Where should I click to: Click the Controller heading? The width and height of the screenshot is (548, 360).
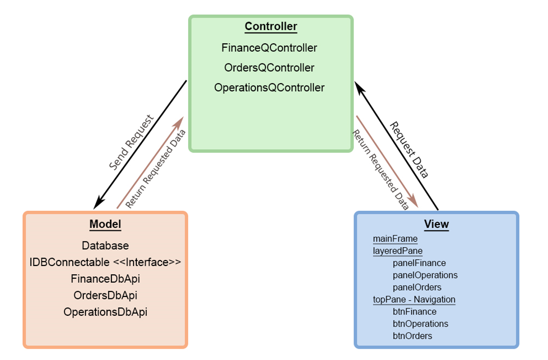(x=271, y=26)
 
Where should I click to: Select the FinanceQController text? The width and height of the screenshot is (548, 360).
(x=269, y=48)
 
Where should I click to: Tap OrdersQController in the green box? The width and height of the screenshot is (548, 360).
(x=269, y=67)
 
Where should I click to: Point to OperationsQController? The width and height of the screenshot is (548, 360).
(x=269, y=88)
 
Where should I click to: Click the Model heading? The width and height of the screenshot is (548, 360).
(x=105, y=225)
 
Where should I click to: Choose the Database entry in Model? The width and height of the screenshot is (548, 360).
(x=105, y=245)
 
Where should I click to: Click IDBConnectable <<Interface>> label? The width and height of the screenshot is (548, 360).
(x=105, y=262)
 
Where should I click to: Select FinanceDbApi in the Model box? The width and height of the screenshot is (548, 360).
(x=105, y=278)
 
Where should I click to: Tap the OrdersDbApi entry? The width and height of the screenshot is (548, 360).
(x=105, y=295)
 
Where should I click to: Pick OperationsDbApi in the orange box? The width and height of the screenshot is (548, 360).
(x=105, y=312)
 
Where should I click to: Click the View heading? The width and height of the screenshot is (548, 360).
(x=436, y=225)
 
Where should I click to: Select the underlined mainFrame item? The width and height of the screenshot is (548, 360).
(x=395, y=239)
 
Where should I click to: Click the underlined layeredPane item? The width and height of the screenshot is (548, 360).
(x=398, y=251)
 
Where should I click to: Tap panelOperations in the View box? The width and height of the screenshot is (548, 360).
(x=425, y=275)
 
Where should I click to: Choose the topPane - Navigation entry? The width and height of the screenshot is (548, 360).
(x=414, y=299)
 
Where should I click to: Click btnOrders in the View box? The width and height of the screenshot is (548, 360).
(x=412, y=336)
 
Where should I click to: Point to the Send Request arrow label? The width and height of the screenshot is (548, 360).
(x=131, y=143)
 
